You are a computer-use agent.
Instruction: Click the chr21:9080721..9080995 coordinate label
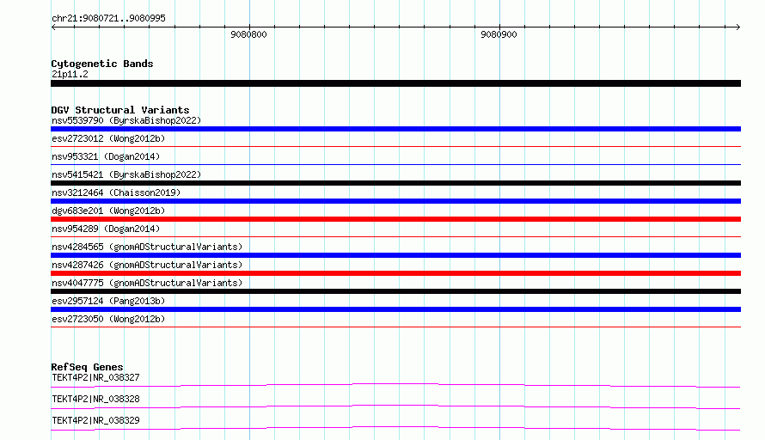[x=108, y=18]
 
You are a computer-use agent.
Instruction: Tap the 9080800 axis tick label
[x=248, y=34]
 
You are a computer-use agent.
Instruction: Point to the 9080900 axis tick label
[x=499, y=34]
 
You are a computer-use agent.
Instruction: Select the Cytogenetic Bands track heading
[x=102, y=64]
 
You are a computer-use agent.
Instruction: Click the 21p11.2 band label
[x=70, y=74]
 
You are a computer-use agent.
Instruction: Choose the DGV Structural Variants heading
[x=120, y=110]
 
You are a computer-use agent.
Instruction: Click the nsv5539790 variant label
[x=126, y=120]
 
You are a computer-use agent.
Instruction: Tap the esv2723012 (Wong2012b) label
[x=108, y=138]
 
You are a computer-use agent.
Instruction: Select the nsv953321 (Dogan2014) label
[x=106, y=156]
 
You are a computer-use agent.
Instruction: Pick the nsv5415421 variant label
[x=126, y=174]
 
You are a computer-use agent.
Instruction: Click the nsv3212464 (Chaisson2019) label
[x=116, y=192]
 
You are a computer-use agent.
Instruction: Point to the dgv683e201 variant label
[x=108, y=211]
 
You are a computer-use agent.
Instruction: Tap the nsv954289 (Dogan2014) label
[x=106, y=229]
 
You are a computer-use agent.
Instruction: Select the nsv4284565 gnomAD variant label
[x=147, y=247]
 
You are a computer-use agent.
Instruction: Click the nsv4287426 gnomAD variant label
[x=147, y=265]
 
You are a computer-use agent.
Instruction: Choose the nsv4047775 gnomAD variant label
[x=147, y=283]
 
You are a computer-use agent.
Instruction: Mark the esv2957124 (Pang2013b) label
[x=108, y=301]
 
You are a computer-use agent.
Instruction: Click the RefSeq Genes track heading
[x=87, y=367]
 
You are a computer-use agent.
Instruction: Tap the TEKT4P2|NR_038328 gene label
[x=95, y=399]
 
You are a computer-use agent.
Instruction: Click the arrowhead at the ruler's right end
[x=738, y=27]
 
